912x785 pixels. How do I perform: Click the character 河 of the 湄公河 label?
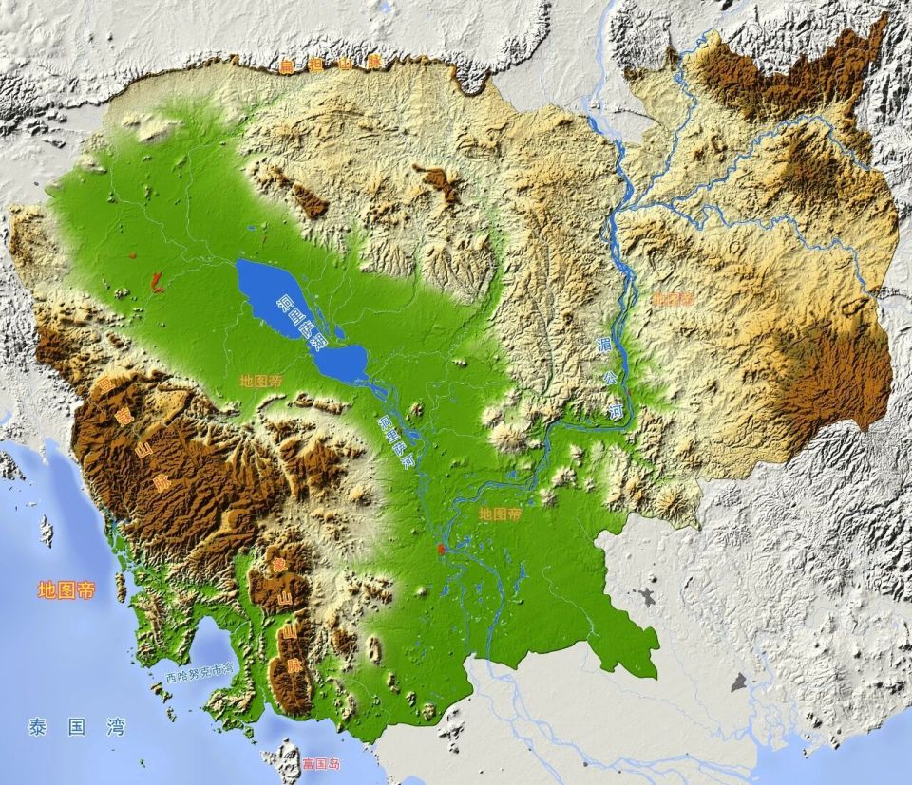click(x=616, y=411)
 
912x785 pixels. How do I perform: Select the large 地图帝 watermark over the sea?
click(x=66, y=589)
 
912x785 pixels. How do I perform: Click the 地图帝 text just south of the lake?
click(x=260, y=380)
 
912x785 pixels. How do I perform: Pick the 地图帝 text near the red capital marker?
click(x=500, y=514)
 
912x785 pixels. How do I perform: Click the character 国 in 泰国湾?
click(x=75, y=727)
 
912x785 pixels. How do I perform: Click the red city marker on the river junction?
click(x=440, y=549)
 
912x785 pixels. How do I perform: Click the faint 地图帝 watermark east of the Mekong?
click(x=672, y=298)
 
